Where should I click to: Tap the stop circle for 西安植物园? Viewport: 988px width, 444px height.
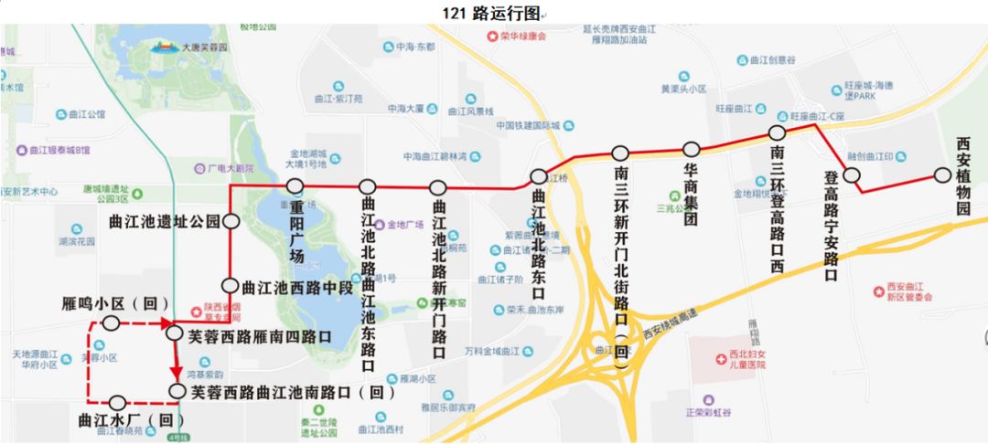[942, 175]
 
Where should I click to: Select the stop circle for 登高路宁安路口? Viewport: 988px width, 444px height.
[852, 174]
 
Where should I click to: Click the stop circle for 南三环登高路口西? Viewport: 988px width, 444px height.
[778, 133]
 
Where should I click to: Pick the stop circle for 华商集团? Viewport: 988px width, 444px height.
[692, 149]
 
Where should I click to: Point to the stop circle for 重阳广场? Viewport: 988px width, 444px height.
[295, 186]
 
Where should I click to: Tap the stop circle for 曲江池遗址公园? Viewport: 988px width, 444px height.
[231, 221]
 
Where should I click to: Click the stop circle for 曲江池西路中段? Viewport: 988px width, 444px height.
[231, 286]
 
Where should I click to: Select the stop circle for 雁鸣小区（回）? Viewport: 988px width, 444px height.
[112, 322]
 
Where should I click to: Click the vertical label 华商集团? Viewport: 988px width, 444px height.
[692, 196]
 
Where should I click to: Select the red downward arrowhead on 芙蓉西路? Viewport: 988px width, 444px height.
[177, 375]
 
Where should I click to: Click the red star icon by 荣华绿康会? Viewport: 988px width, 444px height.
[492, 37]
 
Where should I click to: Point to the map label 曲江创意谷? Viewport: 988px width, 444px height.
[772, 60]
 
